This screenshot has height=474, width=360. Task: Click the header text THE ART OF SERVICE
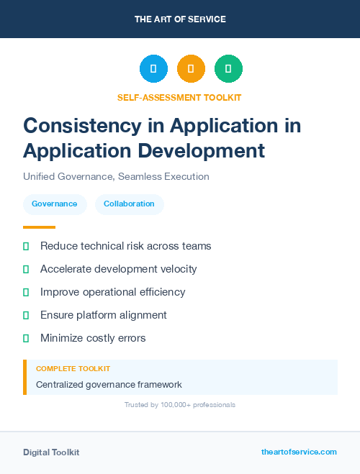coord(180,19)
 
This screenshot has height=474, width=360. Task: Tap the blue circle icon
coord(153,68)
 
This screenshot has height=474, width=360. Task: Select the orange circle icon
coord(191,68)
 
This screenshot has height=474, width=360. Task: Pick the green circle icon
coord(228,68)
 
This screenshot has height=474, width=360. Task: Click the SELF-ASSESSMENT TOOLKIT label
coord(179,97)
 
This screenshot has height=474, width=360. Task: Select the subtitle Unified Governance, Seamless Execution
coord(116,176)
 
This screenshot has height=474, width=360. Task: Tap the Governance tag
coord(55,204)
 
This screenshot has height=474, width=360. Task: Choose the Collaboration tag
coord(129,204)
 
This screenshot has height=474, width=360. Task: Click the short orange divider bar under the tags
coord(34,227)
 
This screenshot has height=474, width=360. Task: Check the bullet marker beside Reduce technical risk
coord(26,246)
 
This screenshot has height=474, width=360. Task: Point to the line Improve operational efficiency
coord(112,292)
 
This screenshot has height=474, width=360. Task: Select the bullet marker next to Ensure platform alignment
coord(26,315)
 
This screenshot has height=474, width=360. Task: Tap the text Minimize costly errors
coord(93,338)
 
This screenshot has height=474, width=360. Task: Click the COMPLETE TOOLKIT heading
coord(73,368)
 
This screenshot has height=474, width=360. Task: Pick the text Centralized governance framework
coord(109,385)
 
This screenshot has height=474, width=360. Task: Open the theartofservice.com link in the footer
coord(299,452)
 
